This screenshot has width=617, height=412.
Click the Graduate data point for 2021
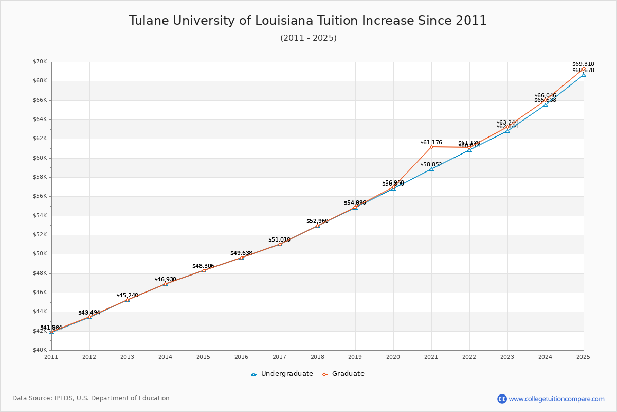click(431, 147)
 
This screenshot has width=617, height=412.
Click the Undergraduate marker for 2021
click(431, 169)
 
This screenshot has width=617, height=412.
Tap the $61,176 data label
click(431, 142)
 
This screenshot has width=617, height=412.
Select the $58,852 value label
click(431, 164)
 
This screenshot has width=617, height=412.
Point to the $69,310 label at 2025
click(583, 64)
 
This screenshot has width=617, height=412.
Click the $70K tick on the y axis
click(40, 62)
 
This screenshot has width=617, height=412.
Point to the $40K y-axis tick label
click(40, 350)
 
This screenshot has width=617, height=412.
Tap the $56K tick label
click(40, 196)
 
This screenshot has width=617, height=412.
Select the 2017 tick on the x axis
click(279, 356)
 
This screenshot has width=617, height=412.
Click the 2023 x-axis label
click(507, 356)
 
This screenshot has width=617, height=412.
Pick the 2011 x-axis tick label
click(51, 356)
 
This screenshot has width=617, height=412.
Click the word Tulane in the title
click(148, 21)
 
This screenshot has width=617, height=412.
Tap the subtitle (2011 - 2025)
click(308, 38)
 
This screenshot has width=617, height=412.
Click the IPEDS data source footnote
click(91, 398)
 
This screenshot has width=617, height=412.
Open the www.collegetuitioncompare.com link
click(556, 399)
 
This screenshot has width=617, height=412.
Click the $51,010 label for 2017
click(279, 239)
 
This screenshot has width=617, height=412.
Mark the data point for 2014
click(166, 284)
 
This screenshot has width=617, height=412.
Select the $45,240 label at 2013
click(127, 295)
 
